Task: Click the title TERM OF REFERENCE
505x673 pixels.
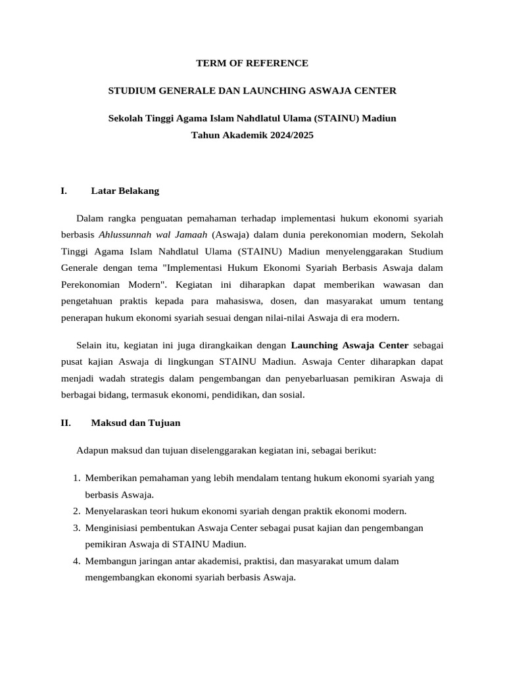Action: tap(252, 63)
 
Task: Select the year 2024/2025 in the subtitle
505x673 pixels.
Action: tap(291, 135)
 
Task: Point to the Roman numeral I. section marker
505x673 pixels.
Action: tap(63, 191)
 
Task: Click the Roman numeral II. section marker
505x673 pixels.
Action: tap(65, 423)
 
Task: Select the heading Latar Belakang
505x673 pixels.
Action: tap(125, 191)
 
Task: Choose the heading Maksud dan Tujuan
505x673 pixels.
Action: tap(135, 423)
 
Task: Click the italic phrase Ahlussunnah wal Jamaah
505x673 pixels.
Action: tap(153, 235)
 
